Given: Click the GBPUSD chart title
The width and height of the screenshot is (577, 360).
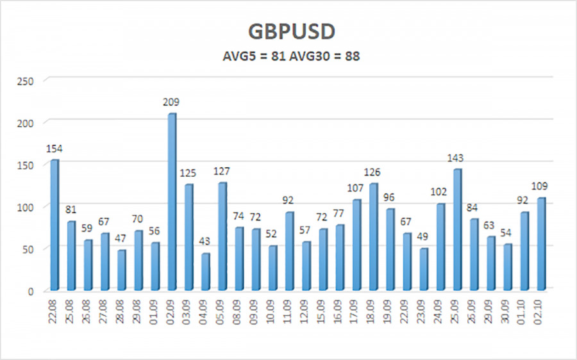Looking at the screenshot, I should click(x=292, y=32).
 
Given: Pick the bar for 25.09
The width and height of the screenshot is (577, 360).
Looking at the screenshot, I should click(x=456, y=229).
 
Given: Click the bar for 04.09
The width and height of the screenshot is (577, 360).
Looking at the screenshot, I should click(x=205, y=271).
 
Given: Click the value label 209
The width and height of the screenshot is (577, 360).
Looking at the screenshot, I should click(x=171, y=102).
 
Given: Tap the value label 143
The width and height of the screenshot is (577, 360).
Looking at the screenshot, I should click(x=456, y=158).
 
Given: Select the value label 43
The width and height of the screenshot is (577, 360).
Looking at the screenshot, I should click(x=205, y=241).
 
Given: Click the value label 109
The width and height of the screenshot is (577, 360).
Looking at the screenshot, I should click(x=540, y=186).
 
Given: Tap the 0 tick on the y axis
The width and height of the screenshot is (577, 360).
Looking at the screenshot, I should click(x=29, y=290).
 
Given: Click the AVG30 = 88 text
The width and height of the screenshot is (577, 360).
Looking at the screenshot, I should click(x=328, y=56).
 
